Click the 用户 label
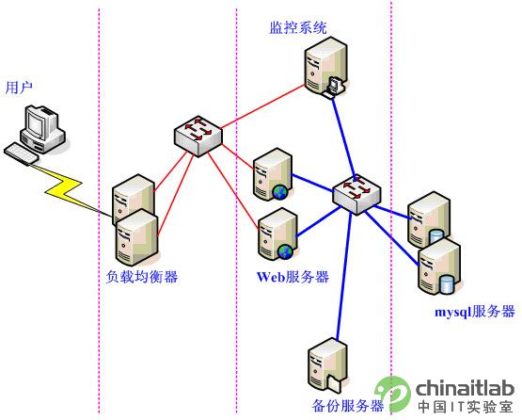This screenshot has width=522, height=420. (19, 88)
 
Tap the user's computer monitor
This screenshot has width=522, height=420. (37, 121)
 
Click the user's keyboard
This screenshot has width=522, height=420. (22, 153)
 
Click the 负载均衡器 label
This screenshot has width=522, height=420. (142, 277)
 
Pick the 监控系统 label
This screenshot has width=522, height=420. (298, 27)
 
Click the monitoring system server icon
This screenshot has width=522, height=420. (326, 68)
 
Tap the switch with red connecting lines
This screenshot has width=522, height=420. (198, 136)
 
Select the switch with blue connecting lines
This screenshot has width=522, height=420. (356, 194)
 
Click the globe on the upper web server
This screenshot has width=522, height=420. (280, 193)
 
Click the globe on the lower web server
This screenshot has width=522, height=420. (285, 251)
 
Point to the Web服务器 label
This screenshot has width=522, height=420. (293, 277)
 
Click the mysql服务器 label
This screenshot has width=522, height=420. (475, 312)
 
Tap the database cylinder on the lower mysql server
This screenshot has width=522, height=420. (447, 284)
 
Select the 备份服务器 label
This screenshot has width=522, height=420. (348, 405)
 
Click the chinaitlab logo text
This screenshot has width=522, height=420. (465, 388)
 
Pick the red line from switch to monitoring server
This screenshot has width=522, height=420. (263, 106)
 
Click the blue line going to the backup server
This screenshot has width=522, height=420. (344, 276)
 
